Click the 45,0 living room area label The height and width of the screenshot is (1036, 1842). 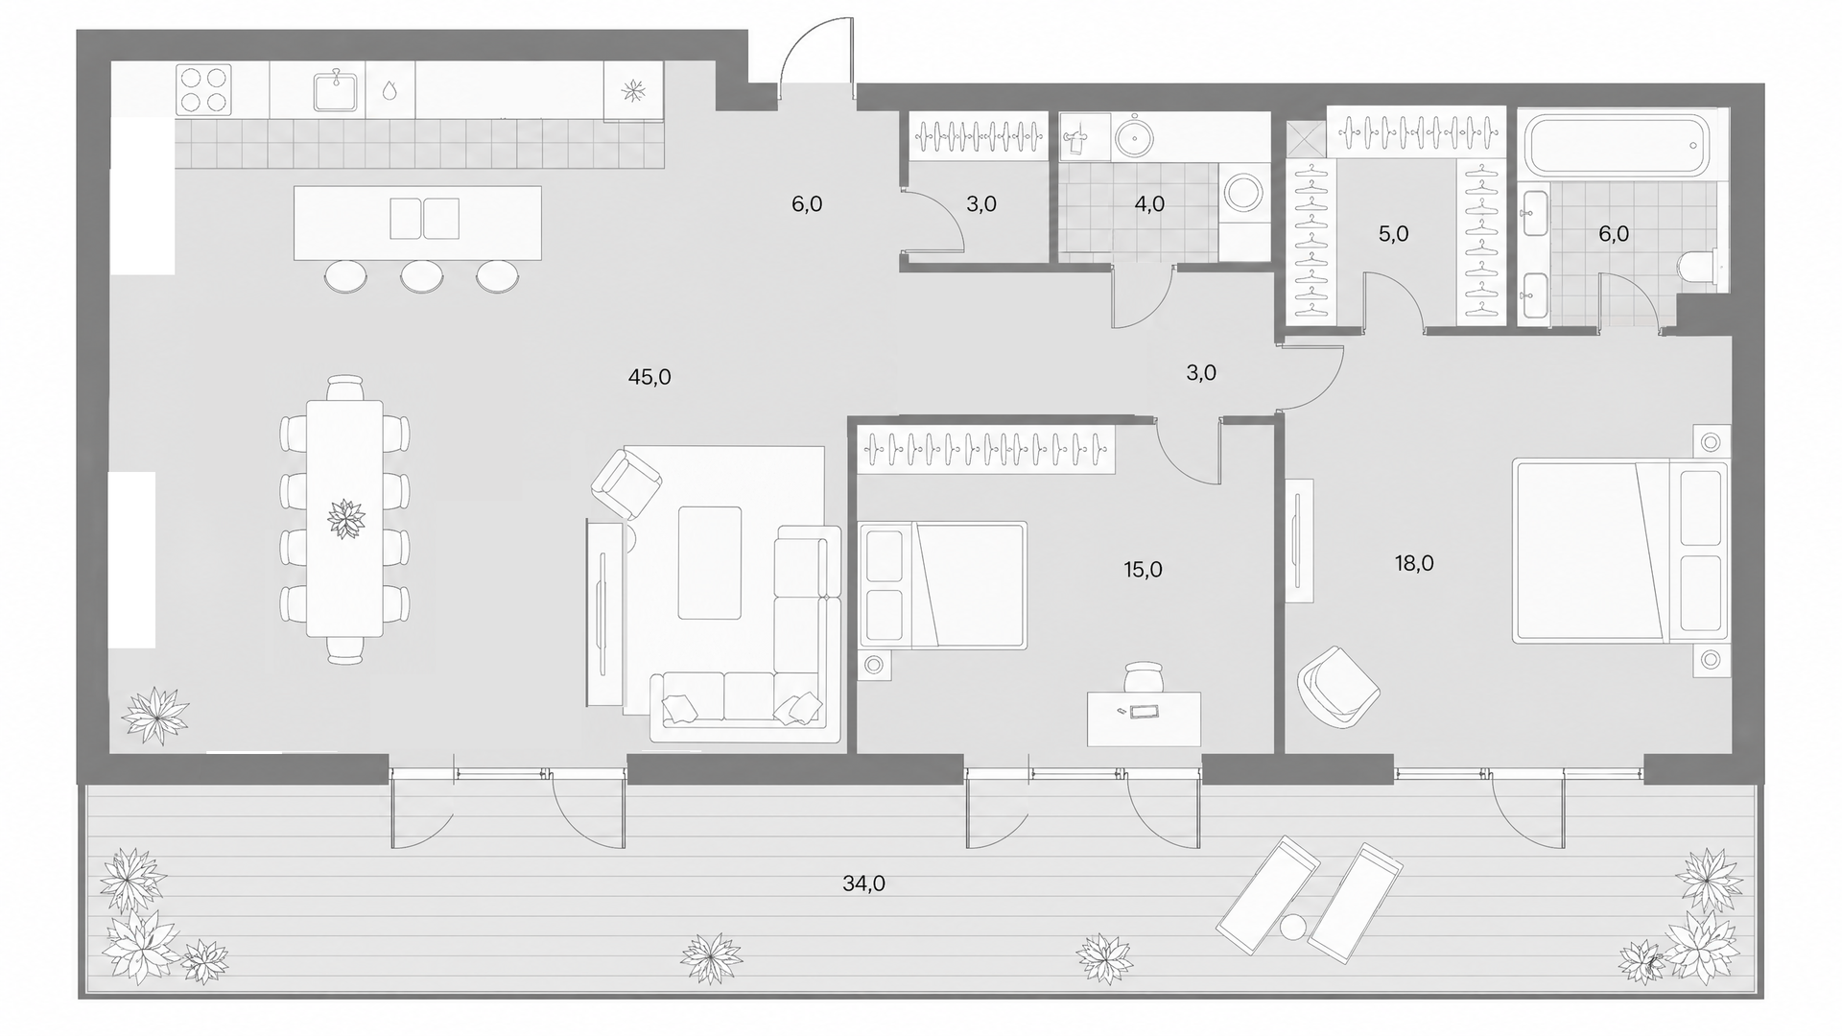pos(649,377)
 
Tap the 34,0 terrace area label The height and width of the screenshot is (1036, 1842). pos(863,883)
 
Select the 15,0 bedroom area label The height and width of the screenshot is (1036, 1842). pos(1143,570)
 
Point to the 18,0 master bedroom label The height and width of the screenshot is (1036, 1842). pos(1414,563)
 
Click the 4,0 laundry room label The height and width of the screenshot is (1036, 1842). pos(1149,203)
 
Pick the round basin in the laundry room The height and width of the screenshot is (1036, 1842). pos(1137,135)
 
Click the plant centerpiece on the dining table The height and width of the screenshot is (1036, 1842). pos(345,519)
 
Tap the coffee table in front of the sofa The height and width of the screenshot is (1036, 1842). pos(710,563)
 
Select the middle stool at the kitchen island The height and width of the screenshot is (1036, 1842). pos(421,276)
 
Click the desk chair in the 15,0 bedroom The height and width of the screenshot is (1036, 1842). pos(1143,676)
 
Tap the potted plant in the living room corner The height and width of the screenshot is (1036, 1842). pos(155,716)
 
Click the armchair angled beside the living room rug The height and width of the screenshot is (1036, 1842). pos(626,484)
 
